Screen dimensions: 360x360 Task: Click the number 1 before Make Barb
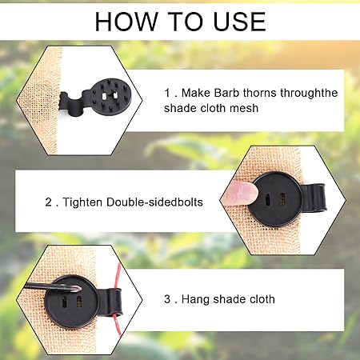(x=167, y=93)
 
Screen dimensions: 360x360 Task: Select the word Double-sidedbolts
(x=154, y=202)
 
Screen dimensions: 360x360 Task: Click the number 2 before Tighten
(x=48, y=202)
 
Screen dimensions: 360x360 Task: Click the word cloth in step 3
(x=262, y=299)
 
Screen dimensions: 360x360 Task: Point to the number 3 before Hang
(x=167, y=299)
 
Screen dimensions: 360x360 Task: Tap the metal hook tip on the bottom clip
(x=78, y=289)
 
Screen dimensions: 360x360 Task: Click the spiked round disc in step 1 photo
(x=110, y=96)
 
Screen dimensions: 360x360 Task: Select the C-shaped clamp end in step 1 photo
(x=71, y=103)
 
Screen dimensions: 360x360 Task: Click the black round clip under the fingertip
(x=277, y=199)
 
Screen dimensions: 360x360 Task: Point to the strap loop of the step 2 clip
(x=314, y=198)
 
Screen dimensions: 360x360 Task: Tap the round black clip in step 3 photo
(x=71, y=302)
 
